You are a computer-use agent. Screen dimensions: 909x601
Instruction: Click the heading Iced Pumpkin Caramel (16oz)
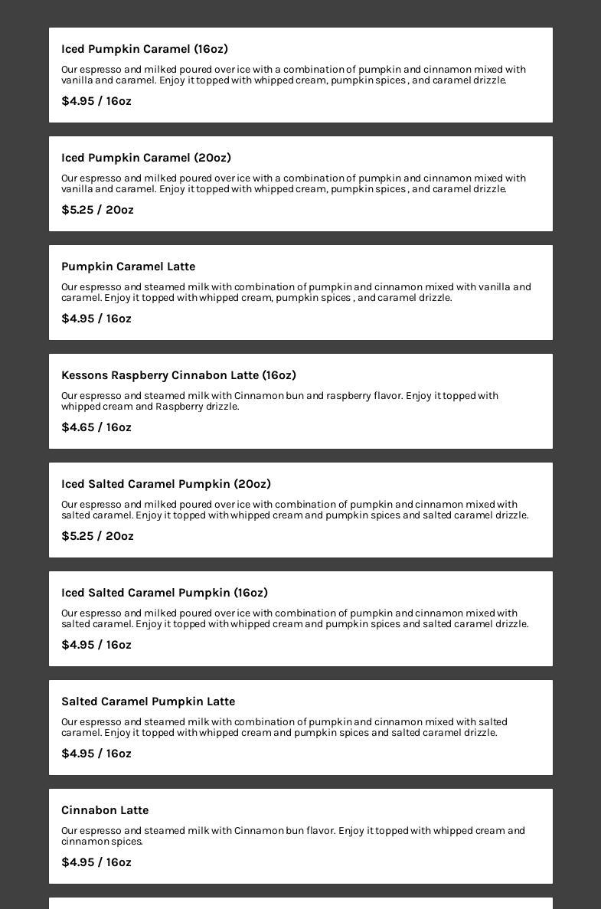(145, 49)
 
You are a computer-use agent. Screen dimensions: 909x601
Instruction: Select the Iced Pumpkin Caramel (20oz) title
(146, 158)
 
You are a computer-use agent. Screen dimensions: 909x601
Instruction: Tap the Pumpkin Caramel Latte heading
(129, 266)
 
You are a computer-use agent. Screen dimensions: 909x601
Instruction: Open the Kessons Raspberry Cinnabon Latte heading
(178, 375)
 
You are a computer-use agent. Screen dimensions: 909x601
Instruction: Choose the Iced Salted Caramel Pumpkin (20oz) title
(166, 484)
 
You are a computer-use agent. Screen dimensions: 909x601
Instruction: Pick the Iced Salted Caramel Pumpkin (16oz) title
(165, 593)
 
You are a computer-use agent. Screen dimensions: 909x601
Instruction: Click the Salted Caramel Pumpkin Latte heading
(149, 701)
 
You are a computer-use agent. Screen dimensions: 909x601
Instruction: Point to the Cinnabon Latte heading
(105, 810)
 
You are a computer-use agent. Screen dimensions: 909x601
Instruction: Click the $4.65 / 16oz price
(96, 427)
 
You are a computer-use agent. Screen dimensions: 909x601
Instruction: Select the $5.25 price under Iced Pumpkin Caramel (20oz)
(97, 210)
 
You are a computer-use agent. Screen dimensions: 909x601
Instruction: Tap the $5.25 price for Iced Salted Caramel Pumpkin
(97, 536)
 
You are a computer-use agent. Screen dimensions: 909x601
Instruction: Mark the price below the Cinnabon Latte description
(96, 862)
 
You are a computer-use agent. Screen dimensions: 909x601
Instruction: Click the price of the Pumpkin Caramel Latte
(96, 319)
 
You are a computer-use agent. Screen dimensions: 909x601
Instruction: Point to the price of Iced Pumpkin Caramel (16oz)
(96, 101)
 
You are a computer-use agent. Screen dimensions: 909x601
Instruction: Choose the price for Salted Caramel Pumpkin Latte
(96, 754)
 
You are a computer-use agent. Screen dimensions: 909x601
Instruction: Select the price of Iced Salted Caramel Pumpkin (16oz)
(96, 645)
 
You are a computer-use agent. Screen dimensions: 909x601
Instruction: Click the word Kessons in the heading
(84, 375)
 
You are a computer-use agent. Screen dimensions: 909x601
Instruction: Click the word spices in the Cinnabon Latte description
(126, 842)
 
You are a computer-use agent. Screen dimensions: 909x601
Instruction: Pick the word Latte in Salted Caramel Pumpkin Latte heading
(220, 701)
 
